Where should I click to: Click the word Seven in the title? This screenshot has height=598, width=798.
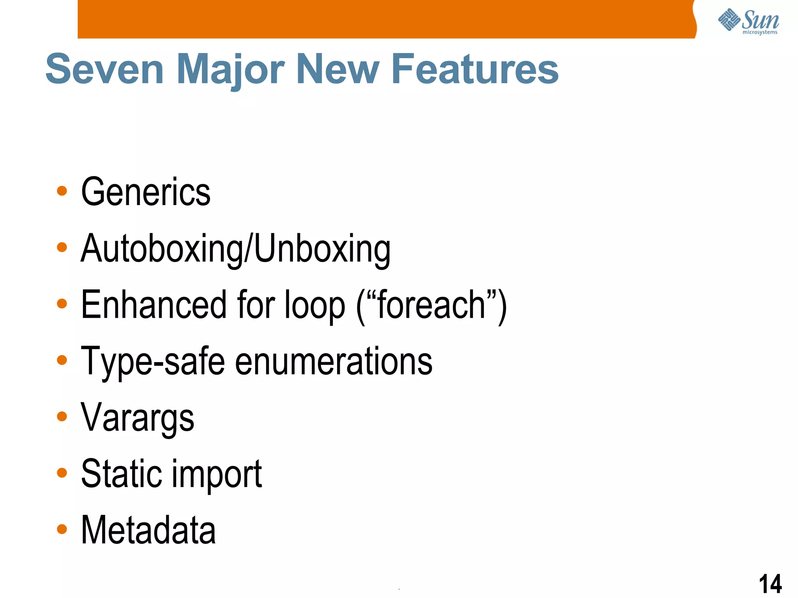coord(104,69)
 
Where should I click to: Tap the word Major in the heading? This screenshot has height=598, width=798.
coord(231,69)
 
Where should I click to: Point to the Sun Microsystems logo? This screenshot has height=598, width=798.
coord(748,21)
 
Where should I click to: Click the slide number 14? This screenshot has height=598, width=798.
coord(770,584)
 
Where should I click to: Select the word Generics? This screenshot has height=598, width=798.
coord(146,192)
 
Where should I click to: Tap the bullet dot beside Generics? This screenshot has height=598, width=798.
coord(62,191)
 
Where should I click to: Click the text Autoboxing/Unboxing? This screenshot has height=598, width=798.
coord(235,248)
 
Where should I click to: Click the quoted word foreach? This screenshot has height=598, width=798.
coord(431,304)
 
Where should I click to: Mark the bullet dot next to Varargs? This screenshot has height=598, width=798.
coord(62,417)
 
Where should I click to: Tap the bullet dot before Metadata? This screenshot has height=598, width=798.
coord(62,529)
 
